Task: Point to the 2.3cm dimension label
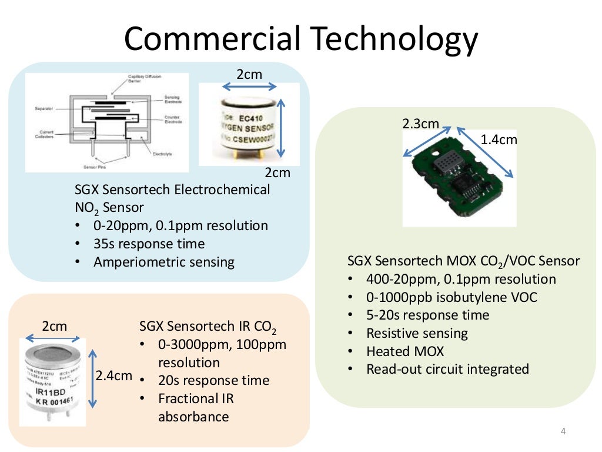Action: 420,124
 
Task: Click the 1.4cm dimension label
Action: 499,139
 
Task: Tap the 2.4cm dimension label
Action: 114,375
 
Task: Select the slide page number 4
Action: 563,433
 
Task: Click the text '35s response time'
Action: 149,244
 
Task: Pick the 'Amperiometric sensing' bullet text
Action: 163,262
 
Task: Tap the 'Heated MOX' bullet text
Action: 405,351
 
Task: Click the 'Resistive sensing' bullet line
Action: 417,333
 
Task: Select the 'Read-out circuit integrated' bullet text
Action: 447,370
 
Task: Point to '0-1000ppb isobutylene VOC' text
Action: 451,297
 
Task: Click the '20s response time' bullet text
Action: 213,380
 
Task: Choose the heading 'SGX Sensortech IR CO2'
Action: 208,327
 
